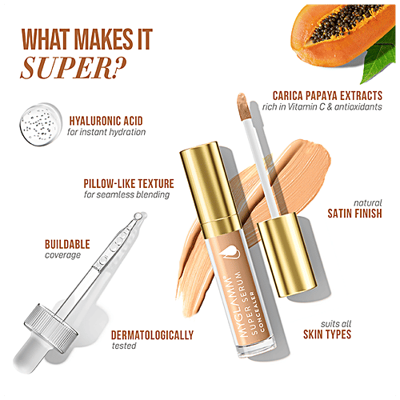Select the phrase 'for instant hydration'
[106, 131]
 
